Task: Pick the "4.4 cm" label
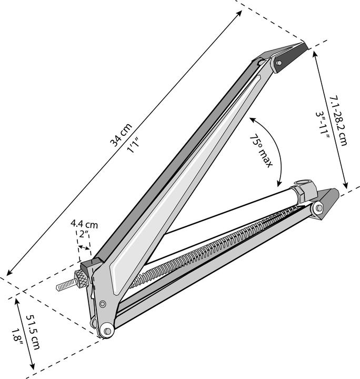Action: click(x=84, y=223)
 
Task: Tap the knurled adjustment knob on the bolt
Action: click(x=81, y=277)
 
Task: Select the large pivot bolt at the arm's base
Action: click(x=107, y=331)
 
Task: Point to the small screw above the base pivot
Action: click(x=102, y=304)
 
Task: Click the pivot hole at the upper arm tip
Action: click(x=278, y=63)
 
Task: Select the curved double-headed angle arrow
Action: click(x=278, y=147)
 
